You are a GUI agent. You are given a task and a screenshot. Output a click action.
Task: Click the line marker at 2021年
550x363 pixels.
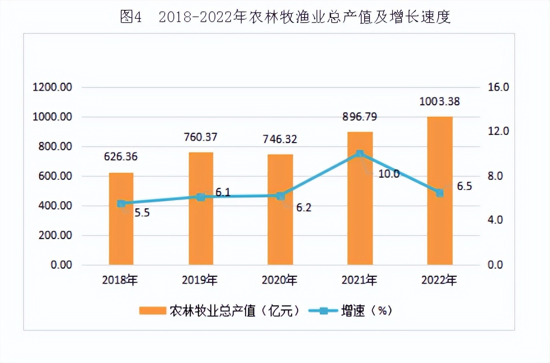click(x=360, y=154)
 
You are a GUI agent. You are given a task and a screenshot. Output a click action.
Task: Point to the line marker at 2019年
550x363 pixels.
click(x=201, y=197)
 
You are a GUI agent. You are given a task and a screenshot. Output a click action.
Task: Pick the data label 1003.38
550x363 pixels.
click(x=439, y=101)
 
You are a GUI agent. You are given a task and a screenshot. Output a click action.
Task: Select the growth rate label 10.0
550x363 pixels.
click(x=388, y=174)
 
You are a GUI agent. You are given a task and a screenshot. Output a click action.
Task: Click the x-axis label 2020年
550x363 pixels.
click(x=280, y=281)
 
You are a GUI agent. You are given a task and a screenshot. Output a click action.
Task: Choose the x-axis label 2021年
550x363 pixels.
click(x=360, y=281)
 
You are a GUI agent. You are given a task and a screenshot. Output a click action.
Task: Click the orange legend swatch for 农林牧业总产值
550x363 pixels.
click(x=152, y=311)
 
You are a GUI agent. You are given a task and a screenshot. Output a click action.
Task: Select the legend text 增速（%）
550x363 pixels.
click(x=366, y=311)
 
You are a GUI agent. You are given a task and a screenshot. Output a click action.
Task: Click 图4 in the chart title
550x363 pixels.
click(x=131, y=17)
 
